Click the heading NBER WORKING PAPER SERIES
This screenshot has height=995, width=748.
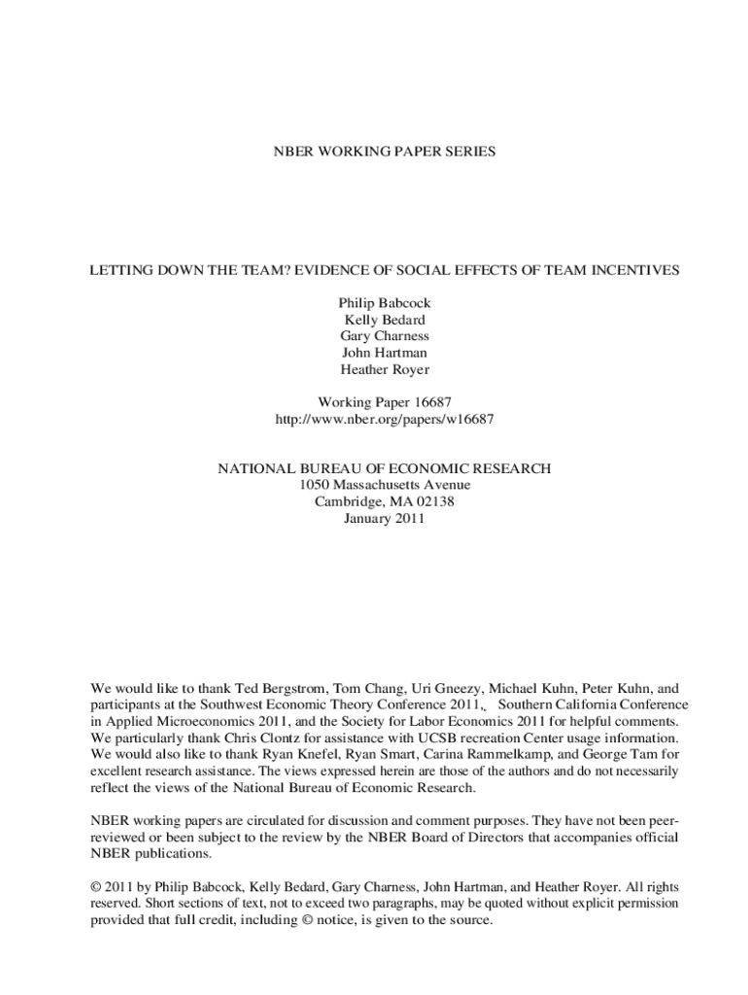pyautogui.click(x=384, y=152)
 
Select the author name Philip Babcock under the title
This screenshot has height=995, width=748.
pyautogui.click(x=385, y=303)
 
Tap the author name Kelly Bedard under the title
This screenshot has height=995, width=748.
pyautogui.click(x=385, y=320)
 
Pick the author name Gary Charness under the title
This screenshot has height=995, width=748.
pyautogui.click(x=385, y=336)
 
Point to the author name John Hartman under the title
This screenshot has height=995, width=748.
pyautogui.click(x=385, y=353)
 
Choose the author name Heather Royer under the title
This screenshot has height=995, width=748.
pyautogui.click(x=385, y=369)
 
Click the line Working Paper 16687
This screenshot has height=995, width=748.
pyautogui.click(x=385, y=402)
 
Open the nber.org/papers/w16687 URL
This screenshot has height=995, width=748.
pyautogui.click(x=385, y=419)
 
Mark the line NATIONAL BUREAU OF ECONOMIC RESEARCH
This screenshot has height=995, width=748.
pyautogui.click(x=385, y=468)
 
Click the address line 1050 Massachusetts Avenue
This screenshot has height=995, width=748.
pyautogui.click(x=385, y=485)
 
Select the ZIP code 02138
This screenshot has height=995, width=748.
pyautogui.click(x=434, y=501)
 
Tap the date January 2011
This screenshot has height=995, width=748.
pyautogui.click(x=385, y=518)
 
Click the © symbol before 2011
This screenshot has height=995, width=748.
pyautogui.click(x=95, y=887)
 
